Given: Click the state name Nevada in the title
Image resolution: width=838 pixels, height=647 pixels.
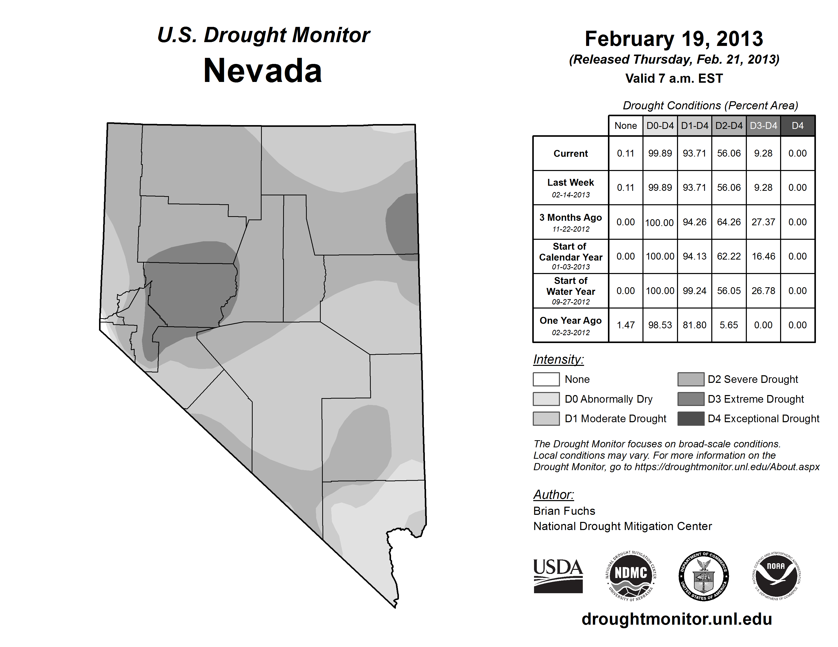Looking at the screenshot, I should click(x=263, y=71).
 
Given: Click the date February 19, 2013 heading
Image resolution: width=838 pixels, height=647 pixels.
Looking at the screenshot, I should click(x=674, y=39).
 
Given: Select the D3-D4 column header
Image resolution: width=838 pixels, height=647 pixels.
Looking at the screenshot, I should click(x=763, y=126).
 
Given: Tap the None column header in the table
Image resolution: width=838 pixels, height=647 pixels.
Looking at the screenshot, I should click(x=625, y=126).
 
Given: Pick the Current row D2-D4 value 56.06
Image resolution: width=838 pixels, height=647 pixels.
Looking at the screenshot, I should click(x=729, y=153).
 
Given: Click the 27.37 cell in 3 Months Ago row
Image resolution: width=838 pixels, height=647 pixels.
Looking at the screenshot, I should click(x=763, y=222).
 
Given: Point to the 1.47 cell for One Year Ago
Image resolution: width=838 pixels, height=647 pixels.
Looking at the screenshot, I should click(x=625, y=325).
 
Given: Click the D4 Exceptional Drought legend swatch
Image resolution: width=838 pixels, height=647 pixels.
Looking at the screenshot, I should click(x=691, y=419).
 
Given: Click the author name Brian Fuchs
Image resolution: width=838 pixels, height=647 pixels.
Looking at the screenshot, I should click(x=564, y=511).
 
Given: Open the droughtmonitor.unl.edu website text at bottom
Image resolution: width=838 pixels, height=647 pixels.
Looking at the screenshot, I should click(x=676, y=619).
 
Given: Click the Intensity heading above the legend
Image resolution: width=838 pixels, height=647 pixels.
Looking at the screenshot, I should click(x=558, y=360).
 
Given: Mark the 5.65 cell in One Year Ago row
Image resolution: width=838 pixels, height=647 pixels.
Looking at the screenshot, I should click(x=729, y=325).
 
